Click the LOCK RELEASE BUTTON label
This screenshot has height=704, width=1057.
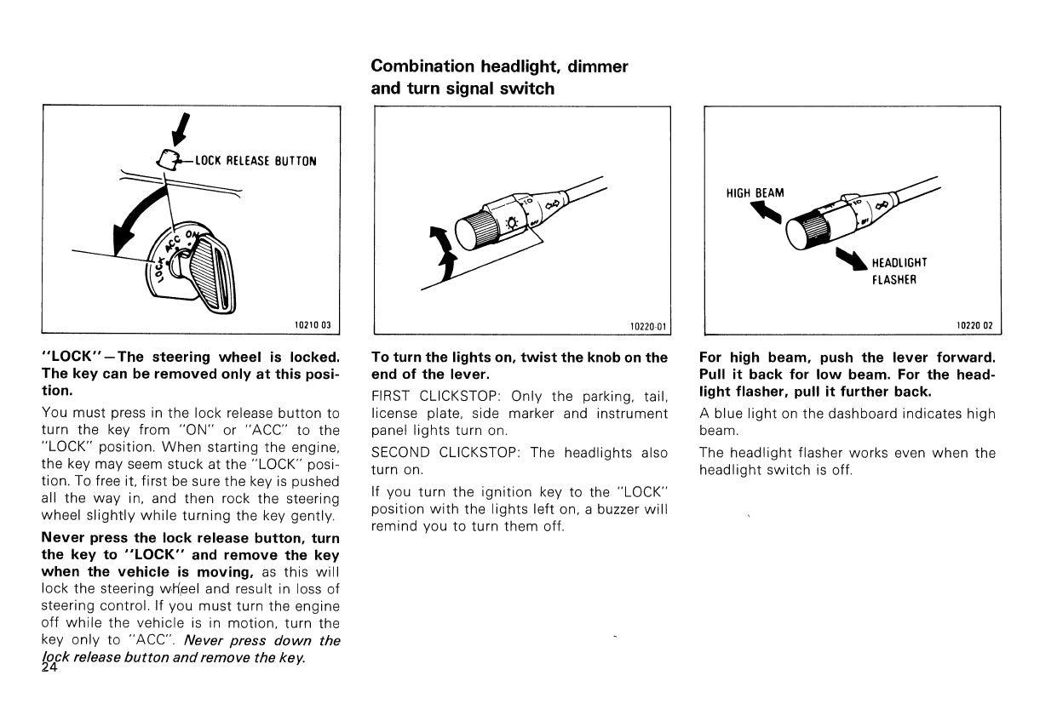point(256,161)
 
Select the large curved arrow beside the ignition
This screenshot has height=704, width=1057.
point(136,218)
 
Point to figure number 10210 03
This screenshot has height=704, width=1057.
point(312,325)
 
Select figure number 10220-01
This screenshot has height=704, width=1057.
point(647,325)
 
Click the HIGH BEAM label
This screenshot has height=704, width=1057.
point(755,193)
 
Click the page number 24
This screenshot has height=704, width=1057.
point(49,668)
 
